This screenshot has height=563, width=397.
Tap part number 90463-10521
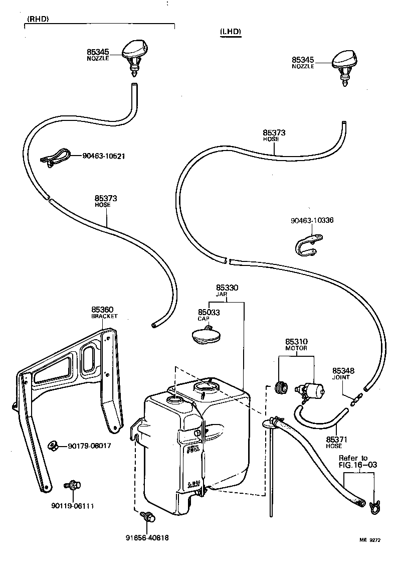[104, 156]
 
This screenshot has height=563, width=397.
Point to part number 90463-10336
[312, 220]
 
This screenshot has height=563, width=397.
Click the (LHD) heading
[231, 32]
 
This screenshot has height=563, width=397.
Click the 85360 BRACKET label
[104, 313]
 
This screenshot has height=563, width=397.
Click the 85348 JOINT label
[343, 373]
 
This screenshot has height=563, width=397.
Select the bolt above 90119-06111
[73, 485]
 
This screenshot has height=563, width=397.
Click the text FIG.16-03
[358, 465]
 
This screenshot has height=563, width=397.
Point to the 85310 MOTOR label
[296, 344]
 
